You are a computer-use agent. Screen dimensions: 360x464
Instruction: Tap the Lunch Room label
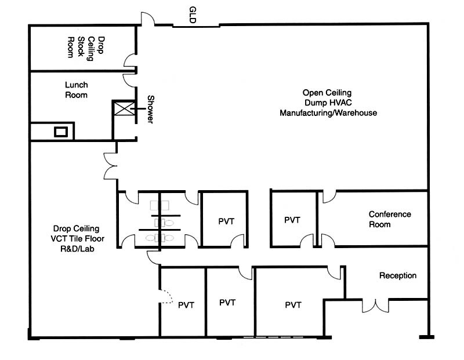pyautogui.click(x=76, y=90)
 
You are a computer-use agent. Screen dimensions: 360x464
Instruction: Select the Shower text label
pyautogui.click(x=150, y=109)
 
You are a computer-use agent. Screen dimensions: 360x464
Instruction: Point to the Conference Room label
pyautogui.click(x=390, y=219)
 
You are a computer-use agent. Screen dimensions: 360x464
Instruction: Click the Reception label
pyautogui.click(x=398, y=275)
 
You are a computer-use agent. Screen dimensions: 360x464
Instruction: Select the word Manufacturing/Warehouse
pyautogui.click(x=328, y=113)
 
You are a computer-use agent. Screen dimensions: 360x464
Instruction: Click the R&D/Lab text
pyautogui.click(x=76, y=249)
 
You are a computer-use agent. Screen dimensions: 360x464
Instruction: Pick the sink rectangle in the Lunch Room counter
pyautogui.click(x=61, y=132)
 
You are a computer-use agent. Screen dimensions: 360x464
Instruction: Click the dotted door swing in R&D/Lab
pyautogui.click(x=166, y=298)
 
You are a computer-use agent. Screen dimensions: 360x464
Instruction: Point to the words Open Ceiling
pyautogui.click(x=328, y=93)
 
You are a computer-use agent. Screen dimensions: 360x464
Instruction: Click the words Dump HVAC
pyautogui.click(x=328, y=103)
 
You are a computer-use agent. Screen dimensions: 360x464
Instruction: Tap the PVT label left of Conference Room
pyautogui.click(x=292, y=220)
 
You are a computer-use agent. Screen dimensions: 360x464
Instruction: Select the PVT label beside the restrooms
pyautogui.click(x=225, y=221)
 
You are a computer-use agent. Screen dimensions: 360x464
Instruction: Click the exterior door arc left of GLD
pyautogui.click(x=147, y=19)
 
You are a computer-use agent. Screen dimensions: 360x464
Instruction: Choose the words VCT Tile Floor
pyautogui.click(x=77, y=239)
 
